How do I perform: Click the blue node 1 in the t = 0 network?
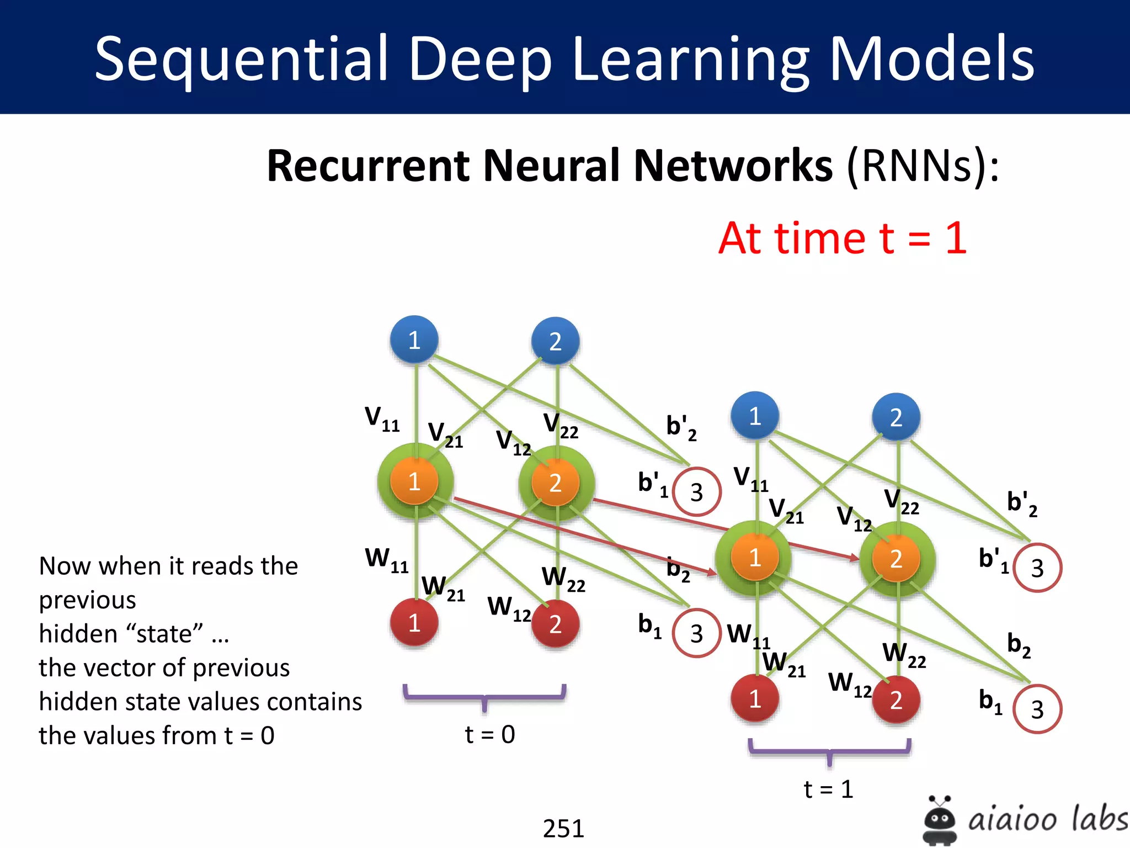(414, 340)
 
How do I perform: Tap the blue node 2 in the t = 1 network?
(896, 417)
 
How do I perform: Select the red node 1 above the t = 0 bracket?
(414, 623)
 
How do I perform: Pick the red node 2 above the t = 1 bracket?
(896, 699)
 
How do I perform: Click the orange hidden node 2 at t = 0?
(556, 483)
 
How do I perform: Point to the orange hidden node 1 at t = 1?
(755, 558)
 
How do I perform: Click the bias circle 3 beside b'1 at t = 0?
(697, 492)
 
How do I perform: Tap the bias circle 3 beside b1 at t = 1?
(1037, 709)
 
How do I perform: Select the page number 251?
(563, 828)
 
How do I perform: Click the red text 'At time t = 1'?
(843, 239)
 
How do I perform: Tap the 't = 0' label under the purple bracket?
(490, 734)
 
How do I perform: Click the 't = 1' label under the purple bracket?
(829, 789)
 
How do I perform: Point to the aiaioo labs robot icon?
(940, 820)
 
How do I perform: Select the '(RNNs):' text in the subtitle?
(923, 166)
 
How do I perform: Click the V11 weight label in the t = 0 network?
(382, 418)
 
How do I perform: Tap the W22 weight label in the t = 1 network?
(904, 655)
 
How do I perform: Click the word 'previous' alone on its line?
(87, 600)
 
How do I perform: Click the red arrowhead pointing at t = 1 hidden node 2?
(854, 558)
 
